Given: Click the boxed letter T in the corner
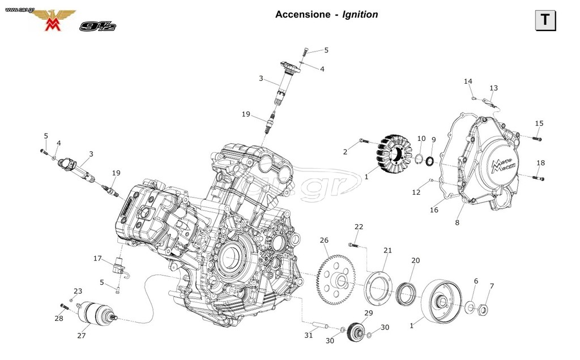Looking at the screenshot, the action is click(545, 20).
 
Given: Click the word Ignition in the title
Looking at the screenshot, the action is click(360, 14).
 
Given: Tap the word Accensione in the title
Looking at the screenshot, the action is click(302, 14).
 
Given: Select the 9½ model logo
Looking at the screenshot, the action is click(97, 26).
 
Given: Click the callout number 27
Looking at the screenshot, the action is click(82, 335).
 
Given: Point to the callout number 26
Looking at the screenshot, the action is click(324, 240).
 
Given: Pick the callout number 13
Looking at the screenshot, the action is click(493, 88).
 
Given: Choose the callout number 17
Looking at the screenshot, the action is click(97, 258).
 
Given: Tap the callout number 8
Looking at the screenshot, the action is click(457, 222).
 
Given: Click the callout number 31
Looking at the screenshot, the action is click(309, 335).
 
